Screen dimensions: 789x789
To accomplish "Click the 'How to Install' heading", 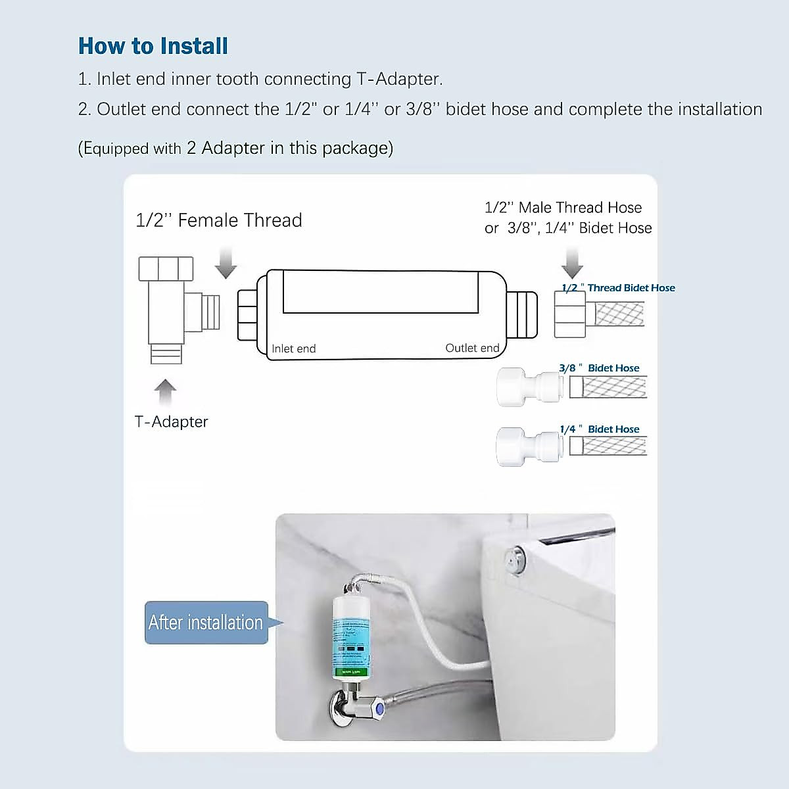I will point(153,46).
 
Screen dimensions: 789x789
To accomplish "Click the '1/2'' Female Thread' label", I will point(218,220).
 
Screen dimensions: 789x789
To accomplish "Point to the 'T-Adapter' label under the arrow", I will point(171,421).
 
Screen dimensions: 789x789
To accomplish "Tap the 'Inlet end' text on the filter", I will point(293,348).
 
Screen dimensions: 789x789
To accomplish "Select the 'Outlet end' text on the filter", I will point(472,348).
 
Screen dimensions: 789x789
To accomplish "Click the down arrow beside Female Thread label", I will point(226,262).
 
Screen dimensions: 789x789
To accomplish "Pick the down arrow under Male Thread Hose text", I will point(572,263).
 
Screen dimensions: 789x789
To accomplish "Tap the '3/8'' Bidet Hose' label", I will point(599,368).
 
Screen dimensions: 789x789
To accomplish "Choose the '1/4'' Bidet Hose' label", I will point(599,429).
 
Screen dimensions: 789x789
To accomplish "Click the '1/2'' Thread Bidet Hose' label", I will point(618,288).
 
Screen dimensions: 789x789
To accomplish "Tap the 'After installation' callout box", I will point(206,622).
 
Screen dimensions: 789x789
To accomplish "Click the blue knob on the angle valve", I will point(379,709).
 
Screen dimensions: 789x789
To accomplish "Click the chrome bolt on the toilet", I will point(514,560).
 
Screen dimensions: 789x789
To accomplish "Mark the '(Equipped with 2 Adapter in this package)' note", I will point(235,148).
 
